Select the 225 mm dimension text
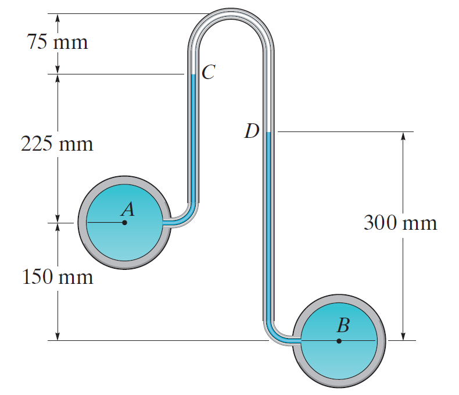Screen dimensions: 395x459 click(57, 143)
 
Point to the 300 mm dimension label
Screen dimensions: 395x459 click(400, 223)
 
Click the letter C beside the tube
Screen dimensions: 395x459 click(208, 72)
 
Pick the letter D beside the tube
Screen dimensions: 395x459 click(252, 132)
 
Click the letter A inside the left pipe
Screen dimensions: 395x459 click(128, 209)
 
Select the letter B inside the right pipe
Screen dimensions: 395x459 click(343, 326)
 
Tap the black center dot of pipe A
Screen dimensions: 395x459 click(124, 222)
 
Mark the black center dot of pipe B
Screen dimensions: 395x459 click(339, 340)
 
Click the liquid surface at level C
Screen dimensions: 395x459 click(193, 74)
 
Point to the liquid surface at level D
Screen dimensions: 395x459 click(268, 133)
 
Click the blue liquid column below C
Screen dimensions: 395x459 click(193, 140)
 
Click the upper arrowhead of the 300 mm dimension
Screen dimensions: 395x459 click(403, 136)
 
